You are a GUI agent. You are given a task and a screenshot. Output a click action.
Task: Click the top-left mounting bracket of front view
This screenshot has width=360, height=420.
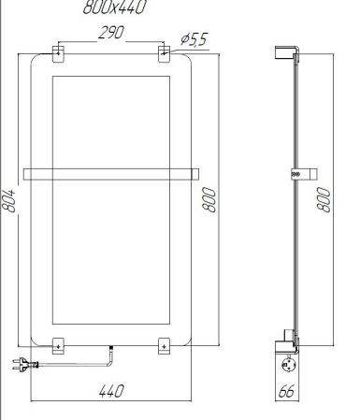click(x=58, y=52)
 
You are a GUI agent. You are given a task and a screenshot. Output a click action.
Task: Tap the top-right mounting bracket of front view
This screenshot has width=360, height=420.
click(x=165, y=52)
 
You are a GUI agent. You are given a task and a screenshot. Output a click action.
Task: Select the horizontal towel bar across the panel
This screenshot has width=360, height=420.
click(x=111, y=172)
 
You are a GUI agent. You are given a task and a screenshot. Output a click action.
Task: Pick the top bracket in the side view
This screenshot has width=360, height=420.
click(x=288, y=55)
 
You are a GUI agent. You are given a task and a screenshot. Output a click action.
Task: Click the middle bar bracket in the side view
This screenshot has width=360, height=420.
click(x=302, y=173)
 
